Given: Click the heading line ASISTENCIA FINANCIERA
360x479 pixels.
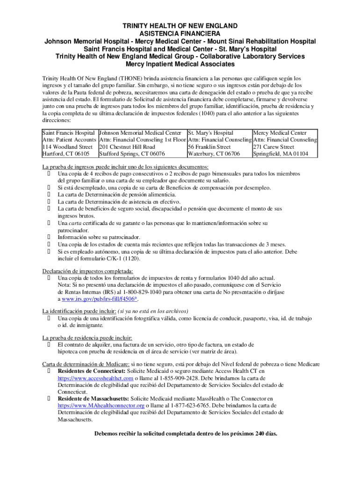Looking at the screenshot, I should click(180, 34).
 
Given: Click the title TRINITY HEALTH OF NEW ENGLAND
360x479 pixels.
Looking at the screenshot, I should click(180, 26).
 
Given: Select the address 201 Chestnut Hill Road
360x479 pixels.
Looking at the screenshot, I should click(127, 147).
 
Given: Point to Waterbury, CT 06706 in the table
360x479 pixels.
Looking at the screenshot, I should click(214, 154).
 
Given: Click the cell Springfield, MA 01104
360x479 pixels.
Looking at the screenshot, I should click(281, 154).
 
